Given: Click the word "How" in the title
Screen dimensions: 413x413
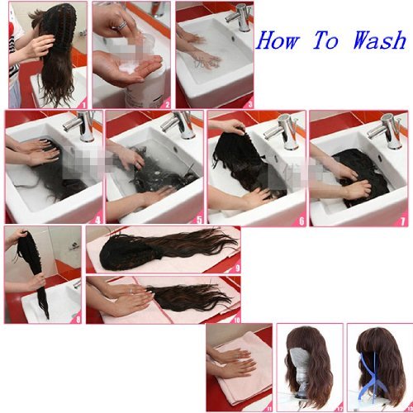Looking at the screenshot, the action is [x=278, y=40].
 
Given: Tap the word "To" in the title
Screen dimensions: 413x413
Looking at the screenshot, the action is [x=326, y=40].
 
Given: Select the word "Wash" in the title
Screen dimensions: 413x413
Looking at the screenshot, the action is [x=380, y=40].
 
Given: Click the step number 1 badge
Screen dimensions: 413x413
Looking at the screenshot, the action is [x=83, y=104].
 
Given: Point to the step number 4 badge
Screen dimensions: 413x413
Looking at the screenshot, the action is [x=98, y=220].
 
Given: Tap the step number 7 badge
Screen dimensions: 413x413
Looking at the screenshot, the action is [x=402, y=221].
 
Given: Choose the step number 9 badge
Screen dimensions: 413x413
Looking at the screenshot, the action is [x=237, y=268].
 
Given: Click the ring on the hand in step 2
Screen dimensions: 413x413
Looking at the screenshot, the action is [x=122, y=25].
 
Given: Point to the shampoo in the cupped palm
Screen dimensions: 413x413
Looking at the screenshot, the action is [x=130, y=68].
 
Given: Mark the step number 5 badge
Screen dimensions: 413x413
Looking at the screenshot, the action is [x=199, y=220].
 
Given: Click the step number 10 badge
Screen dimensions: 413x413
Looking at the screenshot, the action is [x=236, y=320].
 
